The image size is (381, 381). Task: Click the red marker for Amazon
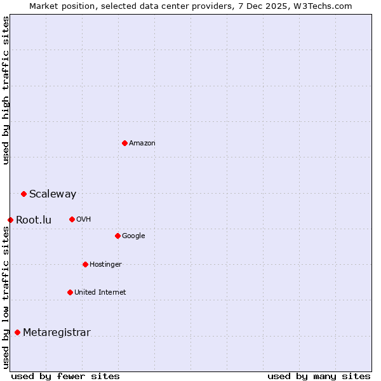[124, 143]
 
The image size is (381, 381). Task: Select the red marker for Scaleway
[23, 194]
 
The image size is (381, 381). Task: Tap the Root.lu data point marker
[10, 220]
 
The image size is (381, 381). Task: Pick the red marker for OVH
[72, 219]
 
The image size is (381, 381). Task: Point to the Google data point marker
[117, 236]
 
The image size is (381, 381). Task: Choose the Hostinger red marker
[85, 264]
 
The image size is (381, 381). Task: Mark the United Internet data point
[70, 292]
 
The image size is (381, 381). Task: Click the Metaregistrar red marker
[17, 332]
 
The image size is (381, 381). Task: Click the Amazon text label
[142, 144]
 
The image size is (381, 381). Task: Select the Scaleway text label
[53, 194]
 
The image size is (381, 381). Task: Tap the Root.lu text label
[34, 220]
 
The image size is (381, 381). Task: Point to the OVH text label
[84, 220]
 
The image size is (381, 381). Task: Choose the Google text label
[133, 236]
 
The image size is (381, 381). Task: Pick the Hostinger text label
[105, 265]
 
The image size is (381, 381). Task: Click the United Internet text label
[100, 293]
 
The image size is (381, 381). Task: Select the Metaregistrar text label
[57, 333]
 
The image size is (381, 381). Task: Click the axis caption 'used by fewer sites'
[65, 376]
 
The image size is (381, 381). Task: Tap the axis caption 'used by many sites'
[319, 376]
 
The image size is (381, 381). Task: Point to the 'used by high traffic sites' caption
[6, 90]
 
